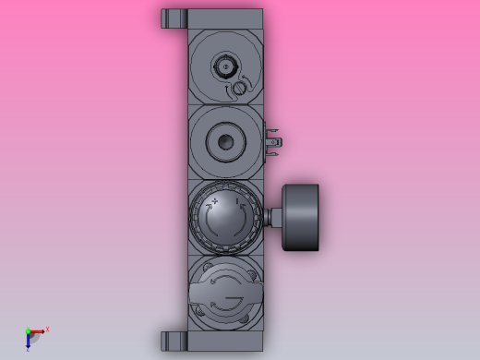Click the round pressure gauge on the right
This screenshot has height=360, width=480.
pos(301,217)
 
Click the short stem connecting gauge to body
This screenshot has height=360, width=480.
pos(274,217)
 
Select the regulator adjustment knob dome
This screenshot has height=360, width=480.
pos(225,220)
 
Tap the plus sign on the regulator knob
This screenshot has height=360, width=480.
pos(215,200)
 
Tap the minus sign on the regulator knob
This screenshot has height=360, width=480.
pos(237,200)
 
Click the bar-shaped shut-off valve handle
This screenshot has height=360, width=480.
pos(225,294)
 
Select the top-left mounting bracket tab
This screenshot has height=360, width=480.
pos(174,18)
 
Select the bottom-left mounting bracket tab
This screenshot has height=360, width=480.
pos(174,341)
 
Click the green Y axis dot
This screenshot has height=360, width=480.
pos(28,331)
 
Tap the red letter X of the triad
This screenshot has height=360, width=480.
pos(47,329)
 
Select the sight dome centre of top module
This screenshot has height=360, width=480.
pos(225,66)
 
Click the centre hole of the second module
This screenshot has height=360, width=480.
pos(225,142)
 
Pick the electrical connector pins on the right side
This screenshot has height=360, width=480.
pos(272,141)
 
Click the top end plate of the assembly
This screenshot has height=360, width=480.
pos(225,18)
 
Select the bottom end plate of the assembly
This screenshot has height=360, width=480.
pos(225,341)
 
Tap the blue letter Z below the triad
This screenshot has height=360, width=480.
pos(28,349)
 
